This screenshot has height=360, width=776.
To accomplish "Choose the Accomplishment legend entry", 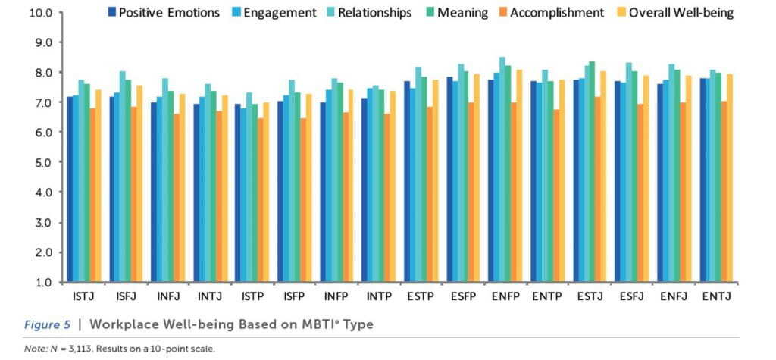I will (557, 12).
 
